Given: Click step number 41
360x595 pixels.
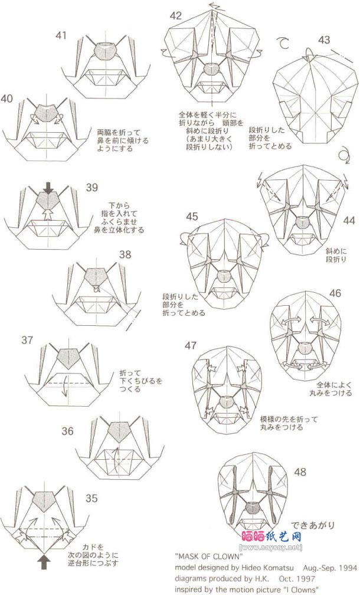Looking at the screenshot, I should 61,36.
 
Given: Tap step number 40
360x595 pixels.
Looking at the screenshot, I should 7,99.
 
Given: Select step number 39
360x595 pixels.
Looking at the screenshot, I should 91,188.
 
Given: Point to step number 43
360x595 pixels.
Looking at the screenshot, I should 323,40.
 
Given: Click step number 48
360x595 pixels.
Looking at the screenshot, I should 300,472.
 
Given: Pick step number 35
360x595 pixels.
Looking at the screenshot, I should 91,498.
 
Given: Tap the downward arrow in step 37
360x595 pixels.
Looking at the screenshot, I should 65,391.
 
